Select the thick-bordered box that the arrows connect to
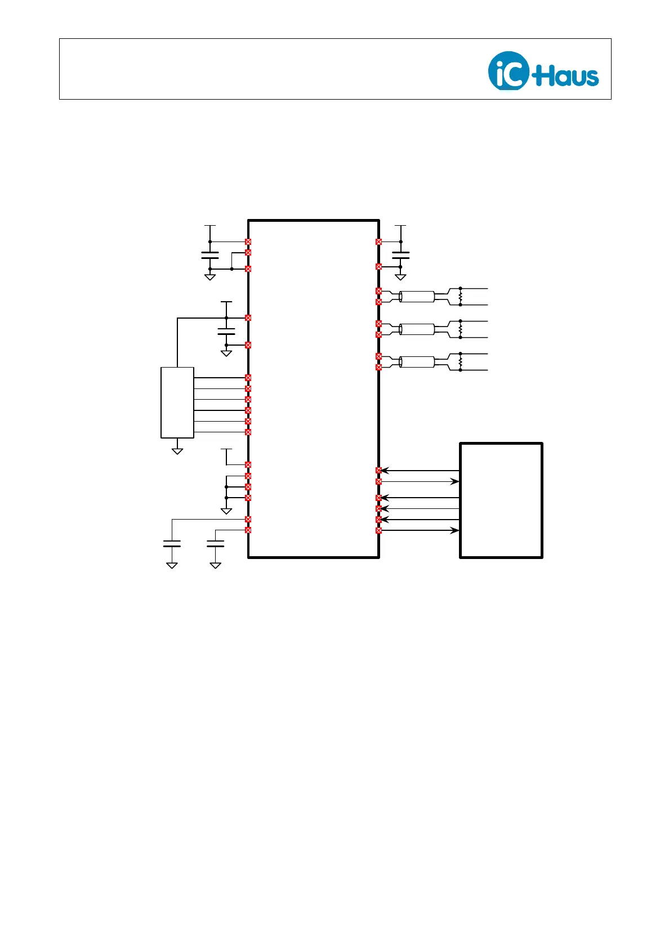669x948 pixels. pyautogui.click(x=501, y=500)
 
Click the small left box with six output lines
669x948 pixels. pyautogui.click(x=177, y=402)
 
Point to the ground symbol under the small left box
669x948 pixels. pyautogui.click(x=177, y=450)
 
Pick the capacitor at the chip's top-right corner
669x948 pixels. pyautogui.click(x=400, y=256)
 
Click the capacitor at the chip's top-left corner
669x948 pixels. pyautogui.click(x=210, y=256)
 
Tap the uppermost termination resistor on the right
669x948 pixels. pyautogui.click(x=460, y=296)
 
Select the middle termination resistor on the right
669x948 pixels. pyautogui.click(x=460, y=329)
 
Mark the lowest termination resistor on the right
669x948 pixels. pyautogui.click(x=460, y=361)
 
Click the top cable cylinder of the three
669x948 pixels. pyautogui.click(x=417, y=297)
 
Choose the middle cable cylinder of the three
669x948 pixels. pyautogui.click(x=417, y=329)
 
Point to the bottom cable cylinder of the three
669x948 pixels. pyautogui.click(x=417, y=362)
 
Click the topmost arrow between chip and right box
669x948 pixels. pyautogui.click(x=420, y=471)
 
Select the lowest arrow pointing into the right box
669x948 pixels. pyautogui.click(x=420, y=530)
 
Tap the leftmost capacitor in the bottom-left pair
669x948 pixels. pyautogui.click(x=172, y=544)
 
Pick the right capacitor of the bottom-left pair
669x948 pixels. pyautogui.click(x=216, y=544)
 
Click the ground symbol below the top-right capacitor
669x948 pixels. pyautogui.click(x=400, y=276)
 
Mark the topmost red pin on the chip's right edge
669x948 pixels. pyautogui.click(x=378, y=242)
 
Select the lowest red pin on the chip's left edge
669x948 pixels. pyautogui.click(x=248, y=530)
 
